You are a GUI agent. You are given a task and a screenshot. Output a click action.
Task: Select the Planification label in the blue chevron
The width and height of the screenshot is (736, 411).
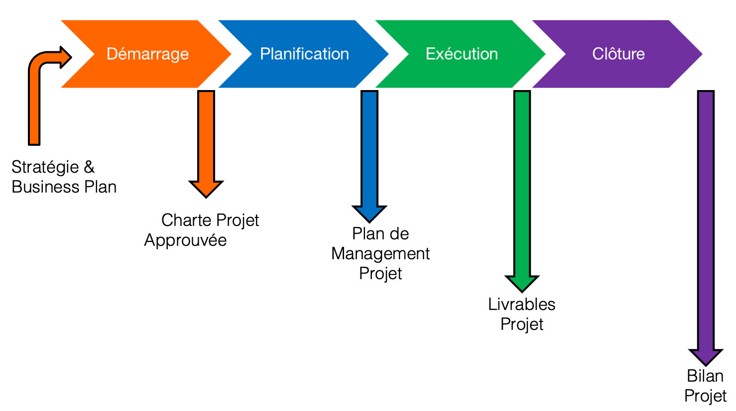[x=305, y=54]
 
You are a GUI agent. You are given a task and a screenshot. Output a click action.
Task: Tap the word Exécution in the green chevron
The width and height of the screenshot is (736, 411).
[x=462, y=54]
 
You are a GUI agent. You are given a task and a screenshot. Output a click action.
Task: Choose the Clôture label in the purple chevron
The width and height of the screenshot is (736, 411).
[x=618, y=54]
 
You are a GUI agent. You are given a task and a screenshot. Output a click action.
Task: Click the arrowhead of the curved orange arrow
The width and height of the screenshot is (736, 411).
[x=66, y=57]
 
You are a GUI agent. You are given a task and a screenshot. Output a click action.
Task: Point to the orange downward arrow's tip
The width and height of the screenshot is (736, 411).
[x=206, y=198]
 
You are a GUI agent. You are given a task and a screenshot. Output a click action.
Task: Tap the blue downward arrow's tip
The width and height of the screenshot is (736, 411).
[x=369, y=222]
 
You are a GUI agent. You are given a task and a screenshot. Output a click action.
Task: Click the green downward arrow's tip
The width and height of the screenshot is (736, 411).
[x=522, y=292]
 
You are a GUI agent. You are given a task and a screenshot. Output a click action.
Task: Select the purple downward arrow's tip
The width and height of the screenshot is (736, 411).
[x=706, y=365]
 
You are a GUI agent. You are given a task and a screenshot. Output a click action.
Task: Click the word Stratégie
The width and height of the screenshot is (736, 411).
[x=45, y=168]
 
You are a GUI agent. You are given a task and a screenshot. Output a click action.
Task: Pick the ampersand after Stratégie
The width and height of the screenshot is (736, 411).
[x=89, y=167]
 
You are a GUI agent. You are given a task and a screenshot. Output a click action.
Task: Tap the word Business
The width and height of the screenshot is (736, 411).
[x=45, y=187]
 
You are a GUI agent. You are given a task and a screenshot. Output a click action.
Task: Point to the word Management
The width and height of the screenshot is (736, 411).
[x=380, y=254]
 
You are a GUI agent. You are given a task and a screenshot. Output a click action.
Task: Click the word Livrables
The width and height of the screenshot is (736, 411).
[x=522, y=304]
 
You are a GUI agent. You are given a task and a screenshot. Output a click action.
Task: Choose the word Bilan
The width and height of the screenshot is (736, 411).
[x=705, y=376]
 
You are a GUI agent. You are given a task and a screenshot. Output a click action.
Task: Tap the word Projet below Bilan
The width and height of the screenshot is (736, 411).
[x=705, y=396]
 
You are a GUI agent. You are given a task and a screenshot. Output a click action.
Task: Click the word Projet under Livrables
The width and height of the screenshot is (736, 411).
[x=522, y=324]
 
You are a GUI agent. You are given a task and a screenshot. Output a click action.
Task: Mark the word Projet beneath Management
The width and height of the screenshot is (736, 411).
[x=380, y=274]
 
